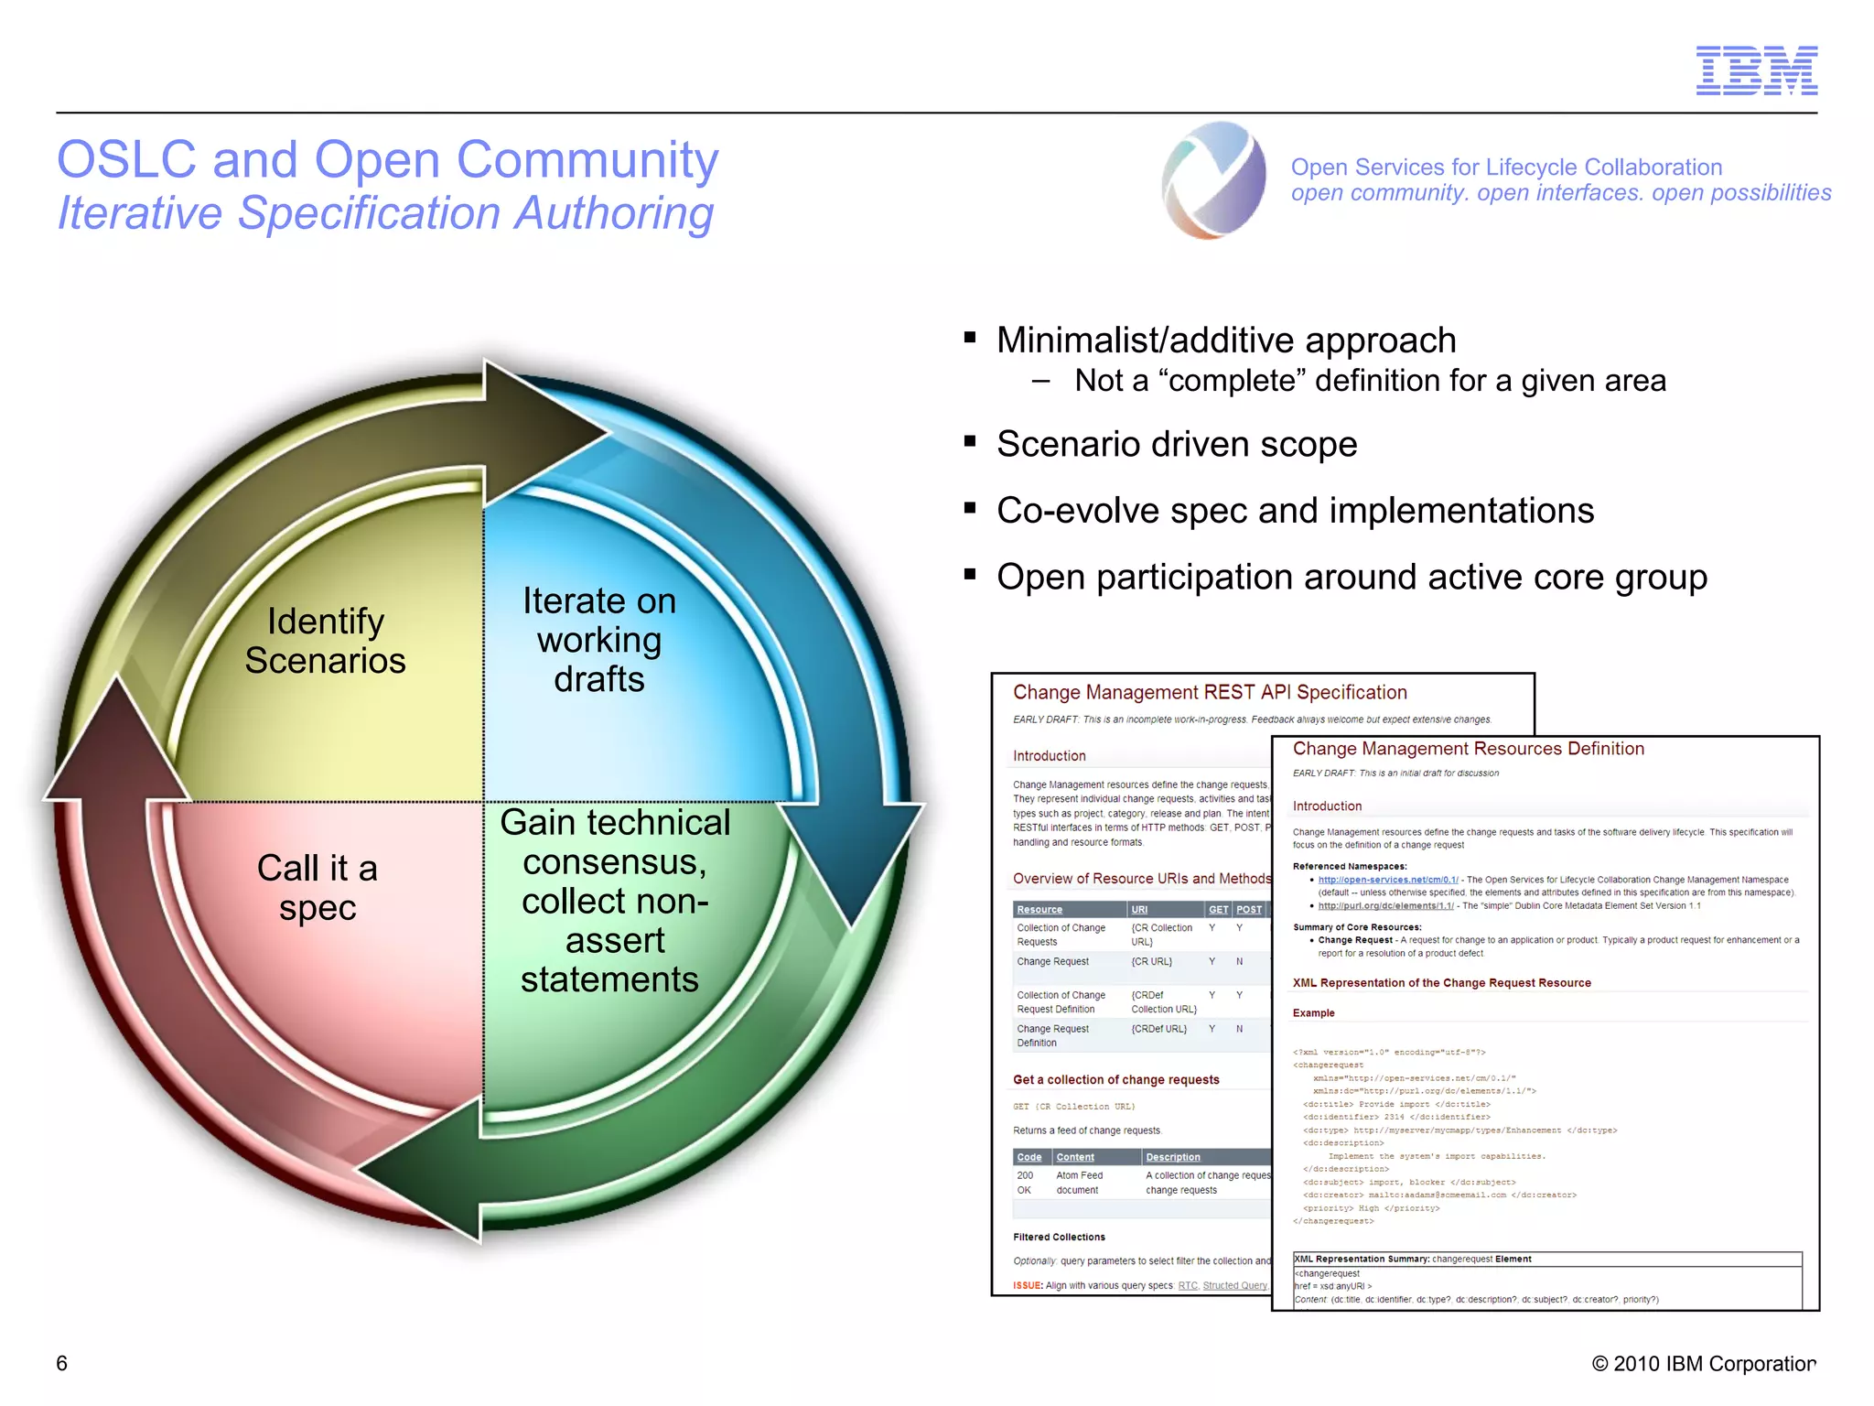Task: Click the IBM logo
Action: pos(1756,70)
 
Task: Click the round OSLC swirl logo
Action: pos(1214,180)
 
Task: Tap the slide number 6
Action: pos(62,1363)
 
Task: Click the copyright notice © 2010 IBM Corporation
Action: pos(1703,1364)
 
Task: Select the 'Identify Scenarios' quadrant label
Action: pos(325,641)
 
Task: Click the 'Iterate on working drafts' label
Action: pos(599,640)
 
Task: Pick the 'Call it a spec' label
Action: pos(318,887)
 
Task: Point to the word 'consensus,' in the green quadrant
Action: pos(614,861)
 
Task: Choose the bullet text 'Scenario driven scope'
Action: pos(1177,444)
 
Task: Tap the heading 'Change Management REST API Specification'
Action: pos(1210,693)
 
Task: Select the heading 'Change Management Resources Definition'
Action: pos(1468,749)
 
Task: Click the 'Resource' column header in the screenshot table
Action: pos(1039,910)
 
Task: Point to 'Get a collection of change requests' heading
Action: pos(1115,1080)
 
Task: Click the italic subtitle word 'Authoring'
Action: pos(613,213)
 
